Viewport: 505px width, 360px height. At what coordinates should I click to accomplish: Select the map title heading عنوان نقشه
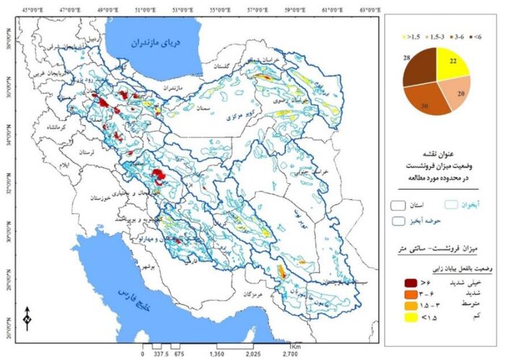(x=441, y=154)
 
